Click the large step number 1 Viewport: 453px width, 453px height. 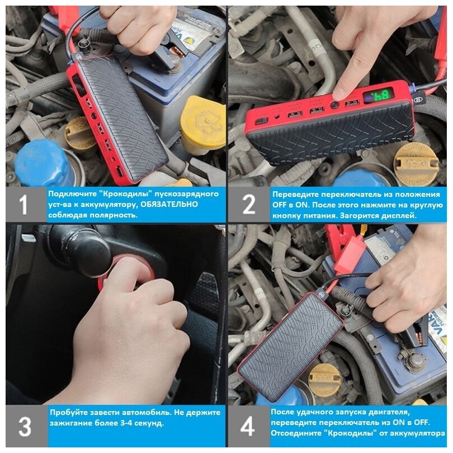(x=23, y=205)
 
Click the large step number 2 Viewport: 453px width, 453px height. (x=249, y=204)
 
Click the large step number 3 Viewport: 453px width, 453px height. (x=25, y=426)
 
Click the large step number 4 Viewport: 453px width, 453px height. (x=248, y=426)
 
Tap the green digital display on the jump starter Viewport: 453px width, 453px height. (x=379, y=97)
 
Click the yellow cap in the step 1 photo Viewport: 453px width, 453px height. (x=203, y=121)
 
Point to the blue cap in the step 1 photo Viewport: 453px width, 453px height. (x=43, y=163)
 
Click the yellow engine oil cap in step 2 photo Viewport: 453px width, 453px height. (x=416, y=164)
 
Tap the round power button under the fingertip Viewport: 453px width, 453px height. (x=335, y=105)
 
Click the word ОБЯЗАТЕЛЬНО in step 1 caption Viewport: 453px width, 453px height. (x=169, y=204)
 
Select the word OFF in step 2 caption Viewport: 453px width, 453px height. (x=280, y=205)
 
